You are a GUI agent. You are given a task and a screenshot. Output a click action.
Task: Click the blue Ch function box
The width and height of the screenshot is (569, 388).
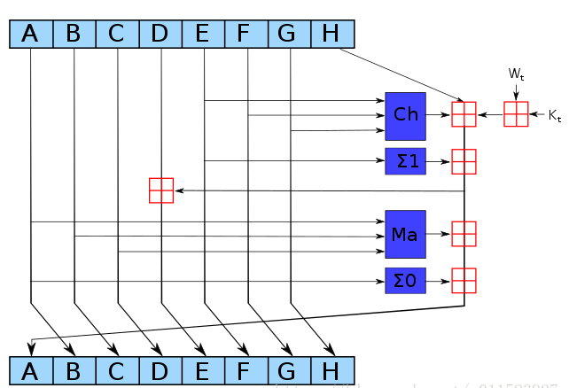pyautogui.click(x=405, y=115)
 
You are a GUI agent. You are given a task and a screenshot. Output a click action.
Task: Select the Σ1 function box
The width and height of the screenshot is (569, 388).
pyautogui.click(x=405, y=161)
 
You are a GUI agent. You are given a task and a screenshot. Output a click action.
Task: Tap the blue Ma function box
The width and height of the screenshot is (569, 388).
pyautogui.click(x=405, y=234)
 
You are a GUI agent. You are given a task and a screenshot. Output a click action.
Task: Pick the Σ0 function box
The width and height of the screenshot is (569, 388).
pyautogui.click(x=405, y=281)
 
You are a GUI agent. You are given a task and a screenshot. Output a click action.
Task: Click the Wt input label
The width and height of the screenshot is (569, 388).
pyautogui.click(x=516, y=75)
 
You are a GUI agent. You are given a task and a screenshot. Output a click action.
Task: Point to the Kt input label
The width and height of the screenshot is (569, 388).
pyautogui.click(x=555, y=115)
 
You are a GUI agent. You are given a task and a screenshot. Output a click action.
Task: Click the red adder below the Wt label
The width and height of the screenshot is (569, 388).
pyautogui.click(x=516, y=115)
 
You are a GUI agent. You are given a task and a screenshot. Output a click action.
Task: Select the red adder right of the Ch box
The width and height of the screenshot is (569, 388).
pyautogui.click(x=464, y=115)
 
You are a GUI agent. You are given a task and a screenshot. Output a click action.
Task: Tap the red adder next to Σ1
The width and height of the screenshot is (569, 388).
pyautogui.click(x=464, y=161)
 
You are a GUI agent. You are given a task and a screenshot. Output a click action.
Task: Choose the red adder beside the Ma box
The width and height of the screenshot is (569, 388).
pyautogui.click(x=464, y=234)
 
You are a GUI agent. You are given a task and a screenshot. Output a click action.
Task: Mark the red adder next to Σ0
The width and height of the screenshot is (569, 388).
pyautogui.click(x=464, y=281)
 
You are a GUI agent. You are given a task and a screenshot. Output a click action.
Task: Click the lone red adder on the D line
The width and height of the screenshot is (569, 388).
pyautogui.click(x=161, y=190)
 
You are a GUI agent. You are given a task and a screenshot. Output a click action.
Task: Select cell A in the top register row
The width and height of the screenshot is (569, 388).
pyautogui.click(x=31, y=34)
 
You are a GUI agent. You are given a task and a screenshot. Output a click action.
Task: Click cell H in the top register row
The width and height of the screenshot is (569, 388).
pyautogui.click(x=331, y=34)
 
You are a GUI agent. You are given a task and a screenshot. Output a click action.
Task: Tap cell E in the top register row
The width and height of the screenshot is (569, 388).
pyautogui.click(x=203, y=34)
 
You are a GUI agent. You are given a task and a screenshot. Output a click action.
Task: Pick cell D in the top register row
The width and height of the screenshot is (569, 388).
pyautogui.click(x=160, y=34)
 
